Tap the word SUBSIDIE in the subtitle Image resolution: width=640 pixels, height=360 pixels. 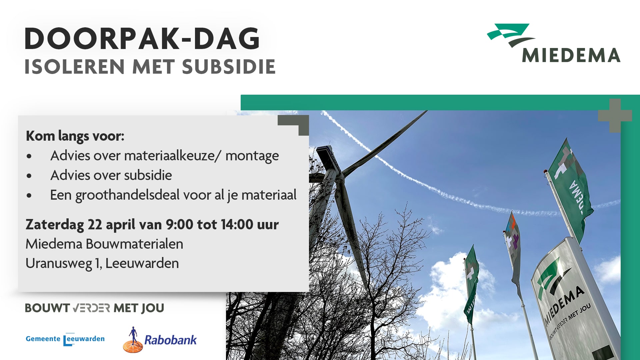coord(229,67)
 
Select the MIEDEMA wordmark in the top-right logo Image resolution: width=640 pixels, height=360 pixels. coord(571,55)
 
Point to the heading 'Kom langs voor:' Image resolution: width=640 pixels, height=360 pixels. coord(75,136)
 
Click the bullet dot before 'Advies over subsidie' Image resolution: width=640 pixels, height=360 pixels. coord(29,176)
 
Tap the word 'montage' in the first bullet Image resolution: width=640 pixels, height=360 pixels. coord(252,156)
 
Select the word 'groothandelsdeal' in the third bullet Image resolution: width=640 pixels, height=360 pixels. coord(128,195)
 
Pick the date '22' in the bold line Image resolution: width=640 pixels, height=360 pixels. coord(95,224)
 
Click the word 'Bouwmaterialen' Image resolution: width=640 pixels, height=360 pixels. coord(135,244)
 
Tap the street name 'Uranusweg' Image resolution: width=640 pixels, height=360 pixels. coord(59,263)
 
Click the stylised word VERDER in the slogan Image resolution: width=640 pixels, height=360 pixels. coord(91,308)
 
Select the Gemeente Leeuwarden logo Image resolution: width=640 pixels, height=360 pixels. coord(65,339)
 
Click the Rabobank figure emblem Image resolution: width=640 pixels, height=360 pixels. coord(133,340)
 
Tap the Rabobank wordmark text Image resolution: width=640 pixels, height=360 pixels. coord(170,340)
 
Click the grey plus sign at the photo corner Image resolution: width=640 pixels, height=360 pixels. coord(615,115)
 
